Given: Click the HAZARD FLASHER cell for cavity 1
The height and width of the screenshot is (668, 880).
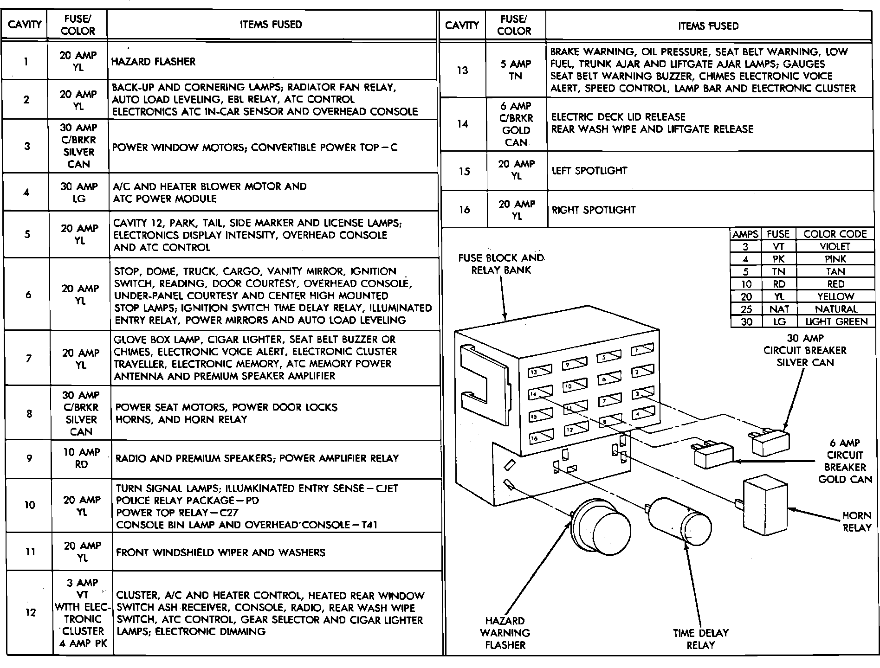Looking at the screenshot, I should click(154, 62).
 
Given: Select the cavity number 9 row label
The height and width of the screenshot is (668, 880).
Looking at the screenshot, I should click(29, 458).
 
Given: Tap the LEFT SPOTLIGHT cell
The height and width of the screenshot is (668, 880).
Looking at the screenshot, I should click(589, 171).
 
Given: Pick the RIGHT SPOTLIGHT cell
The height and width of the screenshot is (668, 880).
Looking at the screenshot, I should click(593, 210).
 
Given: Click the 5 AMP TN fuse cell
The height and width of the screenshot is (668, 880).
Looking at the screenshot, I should click(515, 70).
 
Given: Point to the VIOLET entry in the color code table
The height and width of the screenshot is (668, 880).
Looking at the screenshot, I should click(835, 247).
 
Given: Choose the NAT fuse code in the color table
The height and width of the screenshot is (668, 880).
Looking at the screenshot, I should click(778, 309).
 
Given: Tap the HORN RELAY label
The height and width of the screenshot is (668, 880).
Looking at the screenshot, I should click(857, 521).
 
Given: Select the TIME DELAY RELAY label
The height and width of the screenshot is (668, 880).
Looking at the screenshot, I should click(700, 639).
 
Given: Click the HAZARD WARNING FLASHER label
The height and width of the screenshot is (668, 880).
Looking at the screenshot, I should click(505, 633).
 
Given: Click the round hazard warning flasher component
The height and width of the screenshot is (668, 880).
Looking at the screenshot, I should click(602, 526).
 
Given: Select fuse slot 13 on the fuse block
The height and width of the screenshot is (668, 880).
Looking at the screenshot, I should click(540, 372).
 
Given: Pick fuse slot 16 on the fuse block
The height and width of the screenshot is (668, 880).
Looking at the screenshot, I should click(541, 437).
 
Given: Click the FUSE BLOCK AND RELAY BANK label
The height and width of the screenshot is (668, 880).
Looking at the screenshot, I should click(501, 264).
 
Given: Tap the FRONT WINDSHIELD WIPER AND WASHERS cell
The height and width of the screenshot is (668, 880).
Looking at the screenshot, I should click(220, 552).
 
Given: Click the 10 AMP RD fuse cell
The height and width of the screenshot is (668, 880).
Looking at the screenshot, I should click(81, 458).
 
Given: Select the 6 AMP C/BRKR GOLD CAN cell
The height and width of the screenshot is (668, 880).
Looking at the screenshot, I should click(516, 124).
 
